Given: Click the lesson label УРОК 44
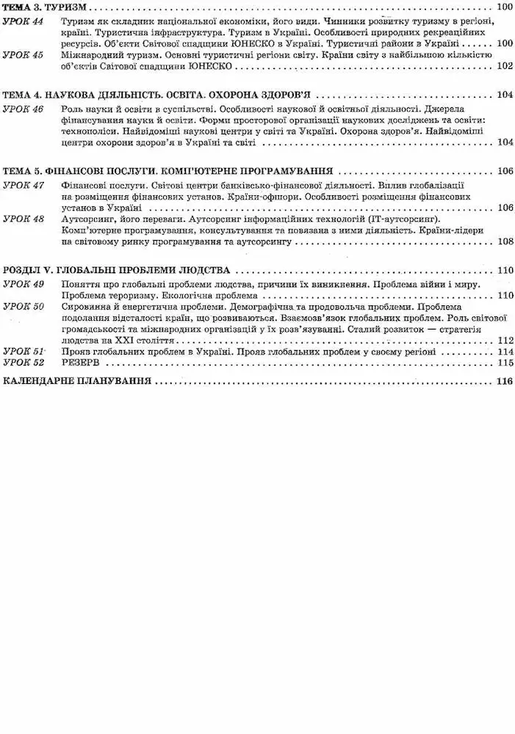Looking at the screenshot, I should coord(24,23).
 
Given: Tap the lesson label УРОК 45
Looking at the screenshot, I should coord(24,55).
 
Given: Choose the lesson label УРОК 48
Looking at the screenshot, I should coord(24,219).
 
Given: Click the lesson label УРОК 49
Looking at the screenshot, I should coord(24,283).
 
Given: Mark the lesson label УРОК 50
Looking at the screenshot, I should coord(24,305).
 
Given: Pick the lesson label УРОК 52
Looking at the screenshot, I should coord(24,363).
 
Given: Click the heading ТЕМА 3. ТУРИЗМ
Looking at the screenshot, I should coord(45,7).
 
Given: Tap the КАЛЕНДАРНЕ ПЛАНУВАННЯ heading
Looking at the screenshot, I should coord(77,381).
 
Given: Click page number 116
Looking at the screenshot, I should coord(503,381).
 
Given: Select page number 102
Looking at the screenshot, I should coord(504,66).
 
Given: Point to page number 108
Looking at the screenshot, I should coord(504,241).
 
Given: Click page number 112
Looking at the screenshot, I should coord(504,341).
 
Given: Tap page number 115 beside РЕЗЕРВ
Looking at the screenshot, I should coord(504,363).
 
